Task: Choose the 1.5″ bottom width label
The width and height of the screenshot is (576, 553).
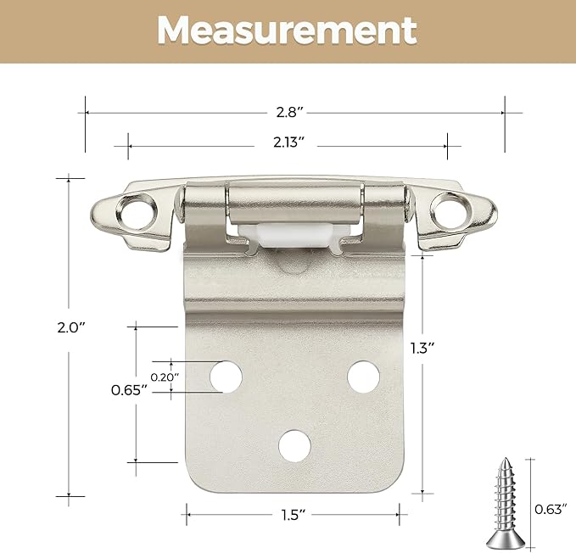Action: pyautogui.click(x=290, y=515)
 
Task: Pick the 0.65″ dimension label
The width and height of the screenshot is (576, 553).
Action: pyautogui.click(x=129, y=389)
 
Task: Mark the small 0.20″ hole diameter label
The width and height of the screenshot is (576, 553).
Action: pyautogui.click(x=165, y=375)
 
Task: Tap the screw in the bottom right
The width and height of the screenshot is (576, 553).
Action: pyautogui.click(x=505, y=500)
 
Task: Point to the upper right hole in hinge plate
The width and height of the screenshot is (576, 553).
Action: pyautogui.click(x=362, y=374)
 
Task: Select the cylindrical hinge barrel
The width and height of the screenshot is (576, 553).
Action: pyautogui.click(x=294, y=204)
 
